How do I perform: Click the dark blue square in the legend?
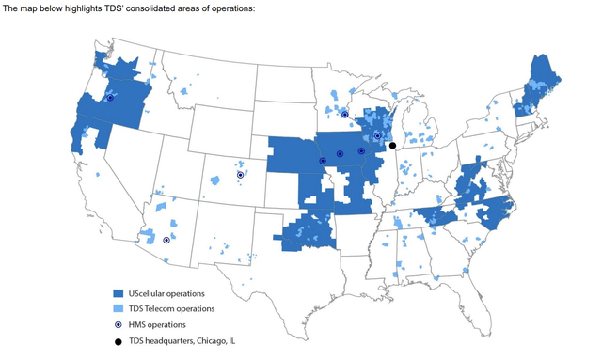[x=118, y=294]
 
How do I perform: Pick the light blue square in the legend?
[x=118, y=309]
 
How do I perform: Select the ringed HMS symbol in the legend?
[x=118, y=324]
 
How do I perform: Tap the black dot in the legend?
[x=118, y=340]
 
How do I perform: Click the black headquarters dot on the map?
[x=391, y=146]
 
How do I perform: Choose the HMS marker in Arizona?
[x=166, y=240]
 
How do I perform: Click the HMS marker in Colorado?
[x=240, y=175]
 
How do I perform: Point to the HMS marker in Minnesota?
[x=344, y=114]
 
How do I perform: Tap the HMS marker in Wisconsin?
[x=377, y=135]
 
